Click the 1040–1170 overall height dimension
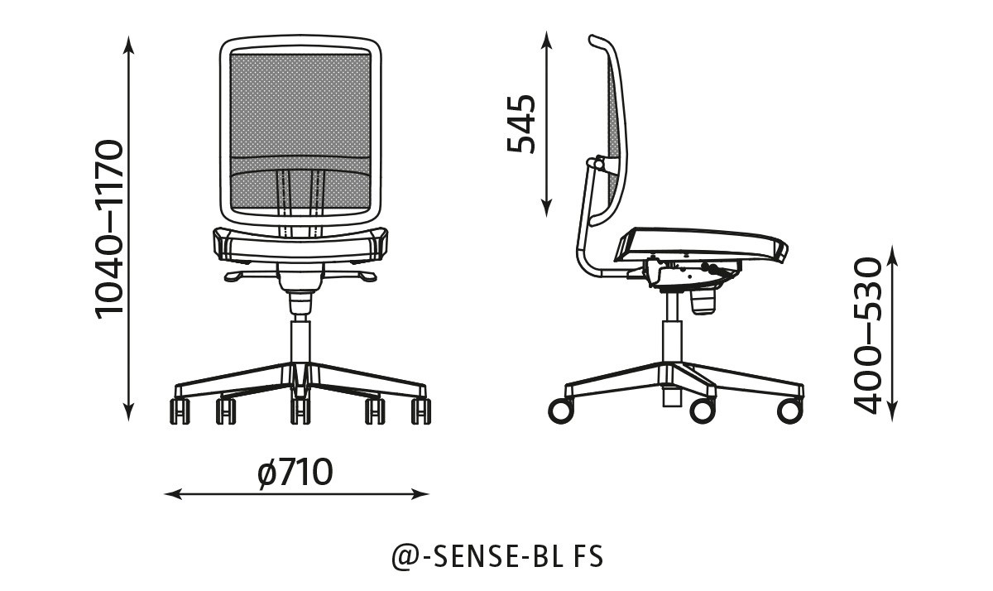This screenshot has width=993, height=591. [x=108, y=228]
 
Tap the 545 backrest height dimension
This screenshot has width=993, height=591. [x=521, y=124]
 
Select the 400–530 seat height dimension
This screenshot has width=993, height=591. [x=868, y=334]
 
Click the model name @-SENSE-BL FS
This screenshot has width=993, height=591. [x=496, y=556]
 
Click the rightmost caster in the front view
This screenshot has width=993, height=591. [x=420, y=411]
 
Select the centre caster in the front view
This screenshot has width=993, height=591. [x=300, y=411]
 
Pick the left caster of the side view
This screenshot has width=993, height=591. [x=561, y=411]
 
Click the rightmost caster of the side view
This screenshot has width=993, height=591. [x=789, y=411]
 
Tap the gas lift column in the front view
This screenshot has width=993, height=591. [x=300, y=339]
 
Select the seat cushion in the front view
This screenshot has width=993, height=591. [x=300, y=242]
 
